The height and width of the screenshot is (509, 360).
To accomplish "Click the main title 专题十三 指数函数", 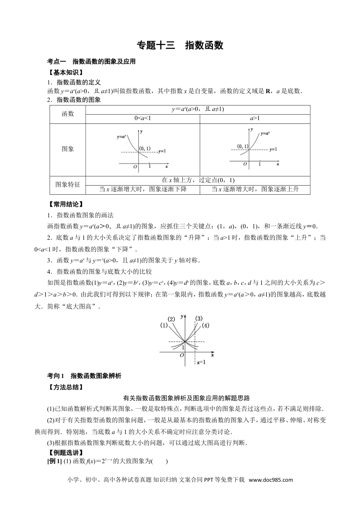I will tap(180, 45).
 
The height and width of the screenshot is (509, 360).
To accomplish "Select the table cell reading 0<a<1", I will tap(142, 119).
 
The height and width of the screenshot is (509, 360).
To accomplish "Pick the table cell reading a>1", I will tap(255, 119).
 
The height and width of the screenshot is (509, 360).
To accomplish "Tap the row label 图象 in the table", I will tap(68, 149).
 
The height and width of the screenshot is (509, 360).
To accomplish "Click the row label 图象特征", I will tap(68, 184).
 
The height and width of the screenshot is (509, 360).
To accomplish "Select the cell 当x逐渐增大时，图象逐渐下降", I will tap(142, 189).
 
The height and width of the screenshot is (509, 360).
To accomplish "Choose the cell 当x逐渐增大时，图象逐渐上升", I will tap(255, 189).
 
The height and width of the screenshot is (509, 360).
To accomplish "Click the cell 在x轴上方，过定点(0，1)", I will tap(198, 180).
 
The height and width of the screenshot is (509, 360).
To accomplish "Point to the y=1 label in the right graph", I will tap(273, 149).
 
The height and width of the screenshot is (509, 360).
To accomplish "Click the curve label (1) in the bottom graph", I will tap(164, 325).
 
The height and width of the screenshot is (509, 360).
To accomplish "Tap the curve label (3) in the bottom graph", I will tap(199, 318).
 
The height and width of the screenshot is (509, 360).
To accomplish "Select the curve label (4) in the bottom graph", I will tap(205, 325).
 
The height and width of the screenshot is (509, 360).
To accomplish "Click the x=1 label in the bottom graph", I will tap(201, 362).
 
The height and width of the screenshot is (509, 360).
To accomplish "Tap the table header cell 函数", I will tap(68, 114).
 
